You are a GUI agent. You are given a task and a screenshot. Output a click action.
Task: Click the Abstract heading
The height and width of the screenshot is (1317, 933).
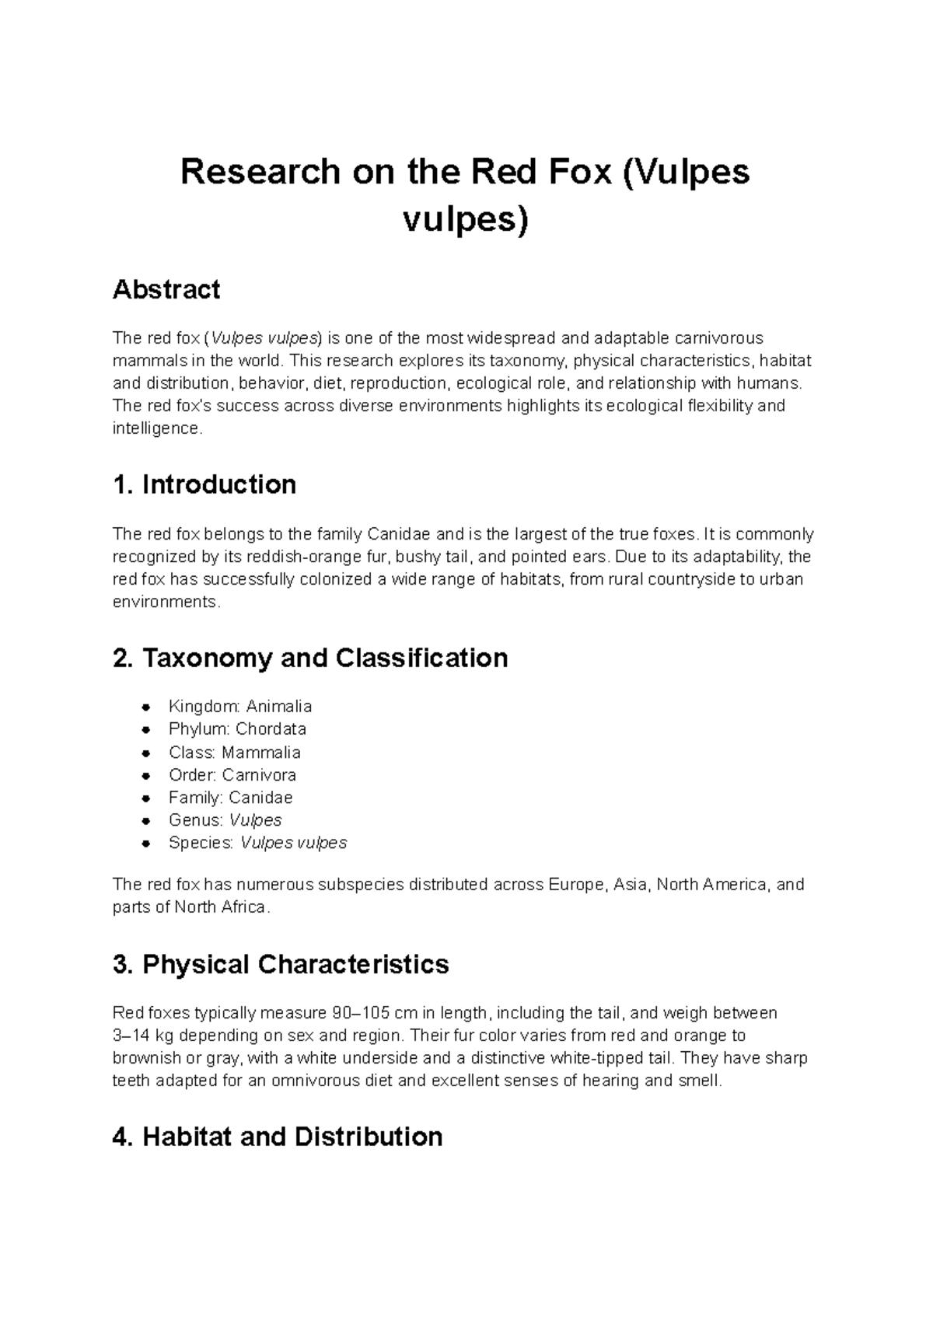pos(166,290)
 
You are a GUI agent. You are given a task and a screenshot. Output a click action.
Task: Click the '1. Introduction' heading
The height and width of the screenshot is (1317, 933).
pos(204,484)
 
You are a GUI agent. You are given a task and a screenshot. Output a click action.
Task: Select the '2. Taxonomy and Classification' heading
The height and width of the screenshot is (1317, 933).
pos(310,658)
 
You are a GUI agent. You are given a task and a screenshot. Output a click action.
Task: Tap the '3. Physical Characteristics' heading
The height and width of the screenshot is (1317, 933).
pos(281,964)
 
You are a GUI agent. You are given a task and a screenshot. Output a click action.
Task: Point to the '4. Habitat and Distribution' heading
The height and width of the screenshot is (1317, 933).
pos(278,1137)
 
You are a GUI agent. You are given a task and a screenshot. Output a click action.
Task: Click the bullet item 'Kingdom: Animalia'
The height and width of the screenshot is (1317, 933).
pos(239,707)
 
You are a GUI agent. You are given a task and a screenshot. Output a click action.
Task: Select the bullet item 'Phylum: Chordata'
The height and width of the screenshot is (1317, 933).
pos(237,729)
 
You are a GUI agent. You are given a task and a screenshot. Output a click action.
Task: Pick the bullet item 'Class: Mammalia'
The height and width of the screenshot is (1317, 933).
pos(234,753)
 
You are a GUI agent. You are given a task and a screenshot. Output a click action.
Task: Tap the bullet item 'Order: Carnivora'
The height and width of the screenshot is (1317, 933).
pos(232,775)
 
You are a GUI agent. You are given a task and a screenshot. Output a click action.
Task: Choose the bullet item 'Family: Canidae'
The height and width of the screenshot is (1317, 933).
pos(230,798)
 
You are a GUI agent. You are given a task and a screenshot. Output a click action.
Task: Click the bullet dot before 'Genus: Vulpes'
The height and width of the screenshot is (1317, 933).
pos(145,821)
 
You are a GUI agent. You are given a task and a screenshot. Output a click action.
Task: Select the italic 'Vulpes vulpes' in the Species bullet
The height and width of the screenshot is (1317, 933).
pos(293,843)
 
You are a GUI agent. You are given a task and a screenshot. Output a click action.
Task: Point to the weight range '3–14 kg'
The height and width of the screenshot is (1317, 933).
pos(142,1036)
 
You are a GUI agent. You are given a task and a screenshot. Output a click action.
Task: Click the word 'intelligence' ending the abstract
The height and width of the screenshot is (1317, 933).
pos(155,428)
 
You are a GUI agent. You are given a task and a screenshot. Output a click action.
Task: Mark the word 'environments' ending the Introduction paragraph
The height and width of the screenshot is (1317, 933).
pos(165,602)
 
